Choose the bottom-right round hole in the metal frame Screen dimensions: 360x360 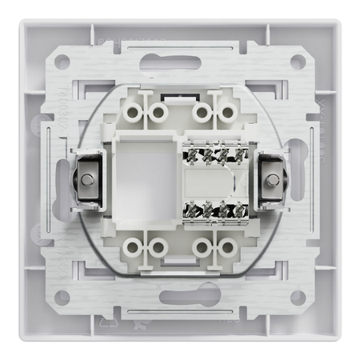click(x=297, y=298)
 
